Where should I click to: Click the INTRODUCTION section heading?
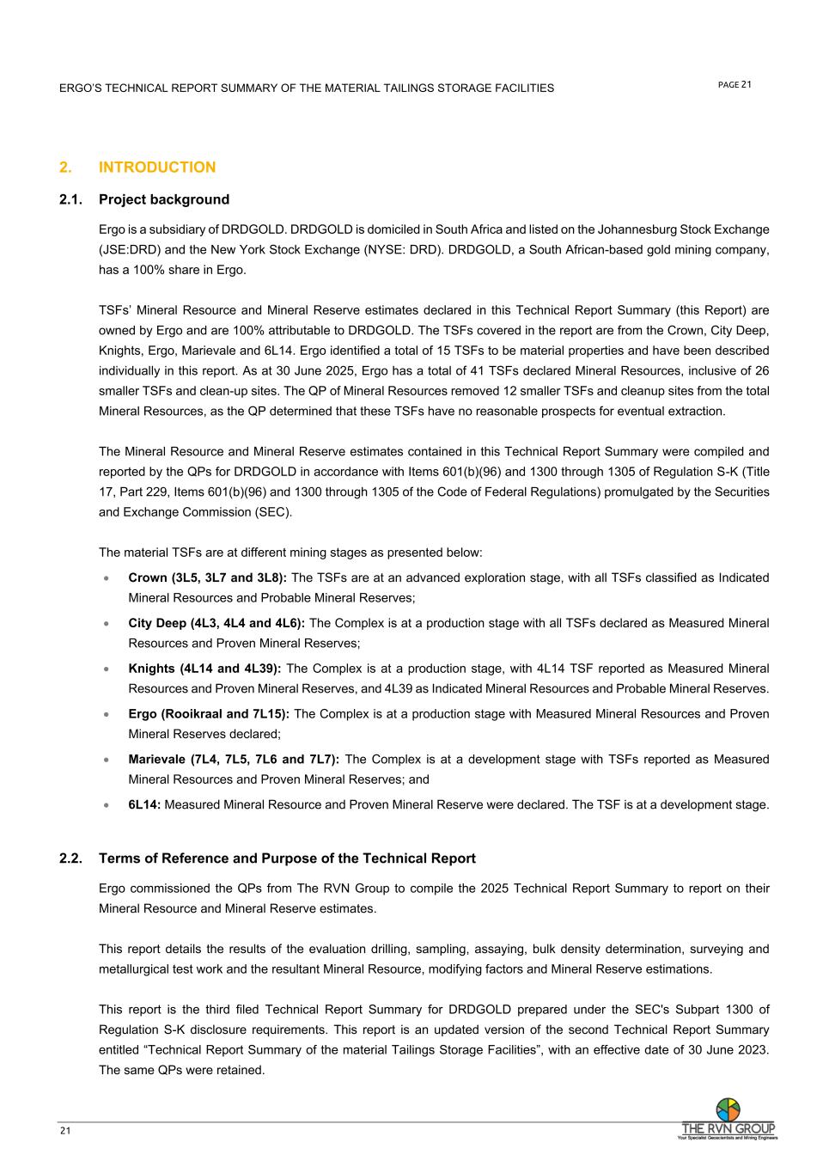pyautogui.click(x=157, y=168)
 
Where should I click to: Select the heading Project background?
pyautogui.click(x=164, y=199)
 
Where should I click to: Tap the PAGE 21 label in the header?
pyautogui.click(x=735, y=84)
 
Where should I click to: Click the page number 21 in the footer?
pyautogui.click(x=65, y=1131)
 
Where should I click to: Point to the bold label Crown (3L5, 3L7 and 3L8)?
pyautogui.click(x=207, y=577)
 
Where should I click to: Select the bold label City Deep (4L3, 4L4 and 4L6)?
pyautogui.click(x=216, y=623)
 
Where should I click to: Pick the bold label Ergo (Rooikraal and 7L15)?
pyautogui.click(x=209, y=714)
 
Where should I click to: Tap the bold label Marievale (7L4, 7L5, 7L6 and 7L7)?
pyautogui.click(x=234, y=760)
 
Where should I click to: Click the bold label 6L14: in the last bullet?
pyautogui.click(x=144, y=805)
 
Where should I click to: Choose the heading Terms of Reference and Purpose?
pyautogui.click(x=287, y=858)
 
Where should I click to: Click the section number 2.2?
pyautogui.click(x=70, y=858)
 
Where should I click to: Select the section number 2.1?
pyautogui.click(x=70, y=199)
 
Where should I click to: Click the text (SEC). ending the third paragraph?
pyautogui.click(x=270, y=512)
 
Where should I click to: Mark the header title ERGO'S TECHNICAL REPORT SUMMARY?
pyautogui.click(x=306, y=89)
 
